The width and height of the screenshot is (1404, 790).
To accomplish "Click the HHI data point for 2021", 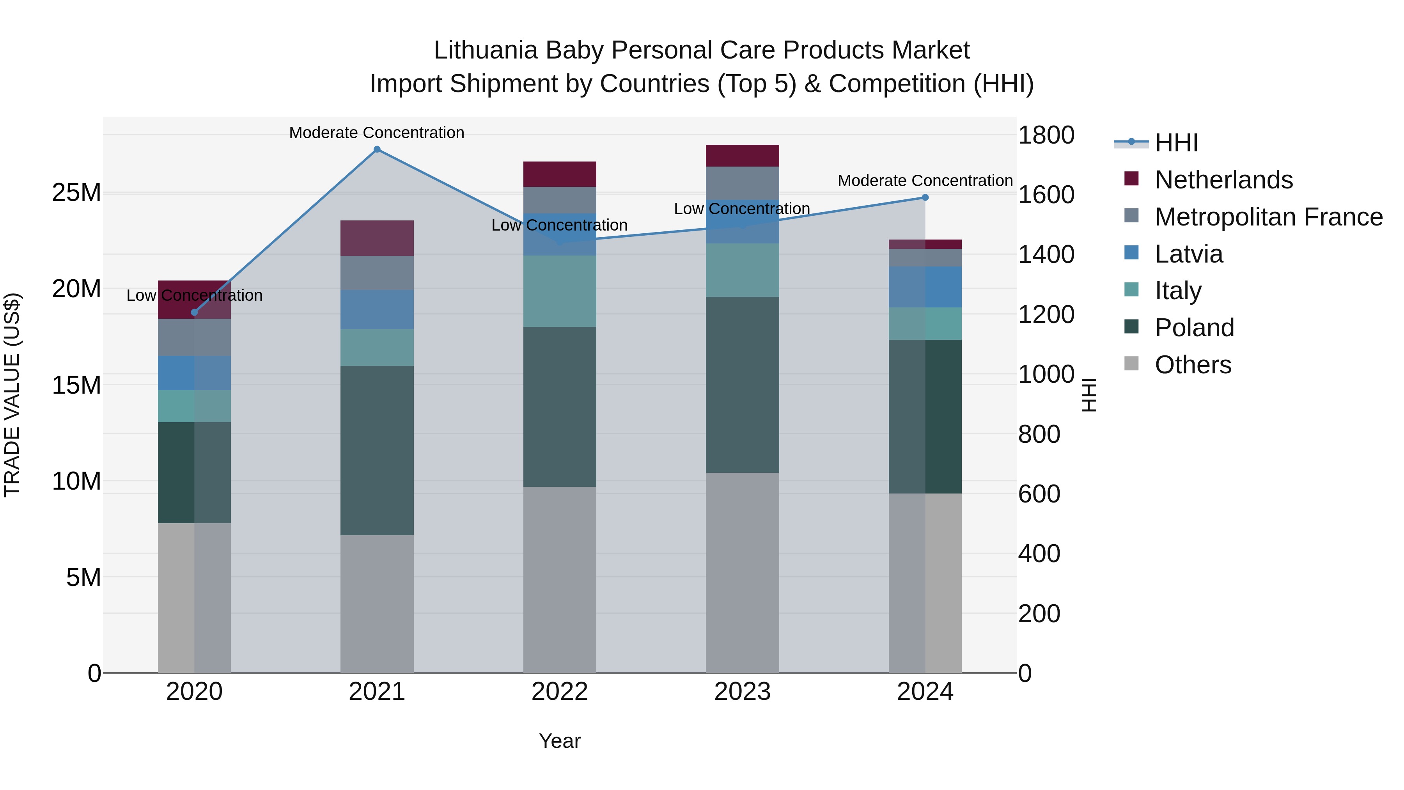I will [377, 149].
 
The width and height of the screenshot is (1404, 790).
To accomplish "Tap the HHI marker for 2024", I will [925, 197].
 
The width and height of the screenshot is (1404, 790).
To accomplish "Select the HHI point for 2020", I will [194, 312].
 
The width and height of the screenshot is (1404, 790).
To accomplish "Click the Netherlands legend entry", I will [1223, 180].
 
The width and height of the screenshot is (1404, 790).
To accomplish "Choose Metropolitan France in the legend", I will [1268, 217].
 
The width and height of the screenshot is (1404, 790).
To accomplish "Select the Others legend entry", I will [1193, 365].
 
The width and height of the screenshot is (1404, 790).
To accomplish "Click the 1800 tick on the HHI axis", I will [1046, 135].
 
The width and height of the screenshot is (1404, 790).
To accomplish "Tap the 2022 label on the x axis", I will [559, 692].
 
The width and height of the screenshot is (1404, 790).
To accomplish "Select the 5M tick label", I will [83, 577].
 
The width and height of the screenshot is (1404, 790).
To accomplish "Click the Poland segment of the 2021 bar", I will [377, 450].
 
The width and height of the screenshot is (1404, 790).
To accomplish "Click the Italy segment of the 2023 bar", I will [742, 270].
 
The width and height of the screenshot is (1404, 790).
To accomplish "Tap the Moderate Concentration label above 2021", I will [377, 133].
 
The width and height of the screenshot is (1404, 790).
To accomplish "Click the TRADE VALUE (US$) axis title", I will [12, 395].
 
